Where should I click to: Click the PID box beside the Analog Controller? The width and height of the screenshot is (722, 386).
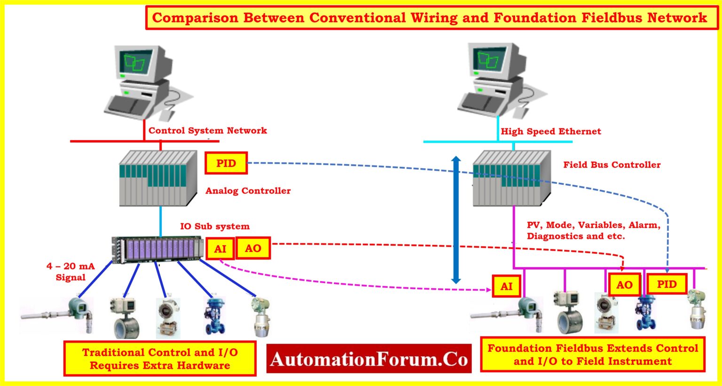pos(226,163)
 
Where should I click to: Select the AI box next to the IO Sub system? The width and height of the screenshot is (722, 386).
pos(220,249)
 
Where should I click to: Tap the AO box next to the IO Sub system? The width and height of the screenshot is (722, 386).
pos(253,248)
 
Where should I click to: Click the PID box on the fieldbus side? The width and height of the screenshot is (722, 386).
pos(667,284)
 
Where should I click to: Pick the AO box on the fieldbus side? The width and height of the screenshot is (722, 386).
pos(624,285)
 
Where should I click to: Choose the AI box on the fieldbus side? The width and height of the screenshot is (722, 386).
pos(506,286)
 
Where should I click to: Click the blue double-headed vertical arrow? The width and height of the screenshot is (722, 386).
pos(456,220)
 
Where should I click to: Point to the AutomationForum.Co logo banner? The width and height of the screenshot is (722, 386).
pos(369,359)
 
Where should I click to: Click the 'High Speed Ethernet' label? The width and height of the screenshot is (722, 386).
pos(550,131)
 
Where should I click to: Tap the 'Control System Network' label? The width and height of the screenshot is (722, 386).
pos(208,130)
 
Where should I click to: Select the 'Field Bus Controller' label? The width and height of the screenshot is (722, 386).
pos(612,165)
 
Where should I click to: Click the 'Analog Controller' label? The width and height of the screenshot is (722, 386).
pos(248,190)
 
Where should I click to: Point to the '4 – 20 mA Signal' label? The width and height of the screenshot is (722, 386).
pos(71,271)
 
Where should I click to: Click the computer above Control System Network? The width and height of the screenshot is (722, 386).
pos(141,82)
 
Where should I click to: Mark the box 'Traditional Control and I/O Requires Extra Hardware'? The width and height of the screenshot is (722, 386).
pos(160,359)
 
